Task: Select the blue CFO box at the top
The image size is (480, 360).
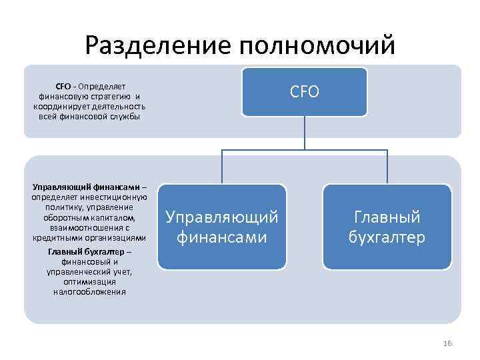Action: tap(304, 92)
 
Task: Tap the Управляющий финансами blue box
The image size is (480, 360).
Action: tap(222, 227)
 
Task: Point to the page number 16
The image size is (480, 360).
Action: tap(447, 343)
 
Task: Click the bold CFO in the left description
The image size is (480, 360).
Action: tap(63, 86)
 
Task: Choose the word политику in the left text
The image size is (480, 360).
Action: tap(63, 207)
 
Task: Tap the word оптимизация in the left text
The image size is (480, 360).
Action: tap(89, 281)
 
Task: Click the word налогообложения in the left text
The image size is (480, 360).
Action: tap(89, 291)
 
